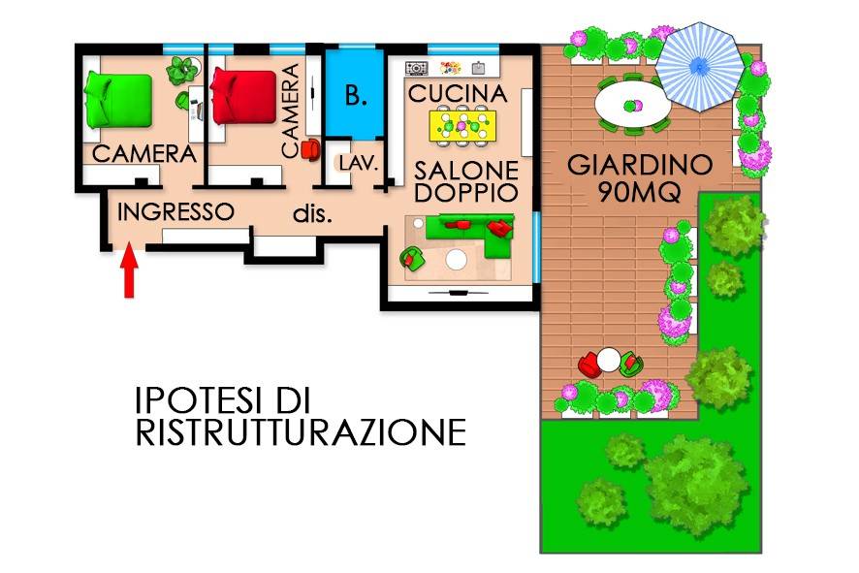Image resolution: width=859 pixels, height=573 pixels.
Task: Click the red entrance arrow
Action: pyautogui.click(x=129, y=271)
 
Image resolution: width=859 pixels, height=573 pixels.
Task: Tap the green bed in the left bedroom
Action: pyautogui.click(x=118, y=101)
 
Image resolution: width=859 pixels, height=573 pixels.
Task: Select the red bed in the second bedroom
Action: pyautogui.click(x=243, y=97)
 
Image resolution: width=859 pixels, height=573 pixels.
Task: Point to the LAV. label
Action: pyautogui.click(x=359, y=163)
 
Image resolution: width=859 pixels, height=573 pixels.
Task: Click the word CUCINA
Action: pyautogui.click(x=458, y=94)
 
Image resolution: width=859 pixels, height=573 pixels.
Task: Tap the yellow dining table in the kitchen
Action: pyautogui.click(x=462, y=125)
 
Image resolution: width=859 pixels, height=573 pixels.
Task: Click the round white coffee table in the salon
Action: pyautogui.click(x=456, y=260)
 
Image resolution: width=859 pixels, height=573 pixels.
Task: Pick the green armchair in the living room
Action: pyautogui.click(x=412, y=258)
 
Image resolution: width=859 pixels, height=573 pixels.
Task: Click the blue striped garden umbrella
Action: pyautogui.click(x=699, y=66)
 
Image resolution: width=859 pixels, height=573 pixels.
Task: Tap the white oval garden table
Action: pyautogui.click(x=633, y=105)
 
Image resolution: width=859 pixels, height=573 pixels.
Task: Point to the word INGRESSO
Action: pyautogui.click(x=175, y=212)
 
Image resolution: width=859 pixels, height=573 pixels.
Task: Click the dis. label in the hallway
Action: pyautogui.click(x=313, y=214)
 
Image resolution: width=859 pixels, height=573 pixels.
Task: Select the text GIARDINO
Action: pyautogui.click(x=640, y=165)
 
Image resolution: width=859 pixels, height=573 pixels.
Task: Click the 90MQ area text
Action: pyautogui.click(x=640, y=192)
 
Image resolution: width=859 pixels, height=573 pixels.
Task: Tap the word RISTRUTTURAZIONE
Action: pyautogui.click(x=301, y=432)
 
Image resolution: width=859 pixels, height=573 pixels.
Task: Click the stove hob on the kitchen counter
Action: pyautogui.click(x=416, y=68)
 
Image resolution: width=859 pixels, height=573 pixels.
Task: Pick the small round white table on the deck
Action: pyautogui.click(x=609, y=361)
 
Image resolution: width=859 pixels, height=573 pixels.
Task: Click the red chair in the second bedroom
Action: pyautogui.click(x=310, y=149)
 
